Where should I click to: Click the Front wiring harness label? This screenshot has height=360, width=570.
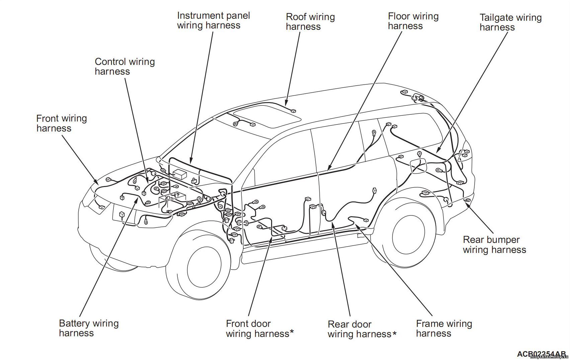coord(62,123)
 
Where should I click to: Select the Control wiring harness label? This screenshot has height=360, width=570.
coord(125,66)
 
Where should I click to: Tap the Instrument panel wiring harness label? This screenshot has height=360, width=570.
coord(213,20)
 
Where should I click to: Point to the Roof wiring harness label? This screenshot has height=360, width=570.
coord(310,22)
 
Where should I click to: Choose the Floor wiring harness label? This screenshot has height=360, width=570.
coord(413,21)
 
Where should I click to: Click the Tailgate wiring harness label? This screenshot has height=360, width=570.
coord(510,22)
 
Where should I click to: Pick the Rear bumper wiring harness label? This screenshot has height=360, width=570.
coord(494,245)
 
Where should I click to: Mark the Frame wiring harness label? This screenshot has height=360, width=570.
coord(444,328)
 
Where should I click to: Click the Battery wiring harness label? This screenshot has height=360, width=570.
coord(89,328)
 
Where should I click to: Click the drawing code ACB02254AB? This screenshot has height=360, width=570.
coord(541,354)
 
